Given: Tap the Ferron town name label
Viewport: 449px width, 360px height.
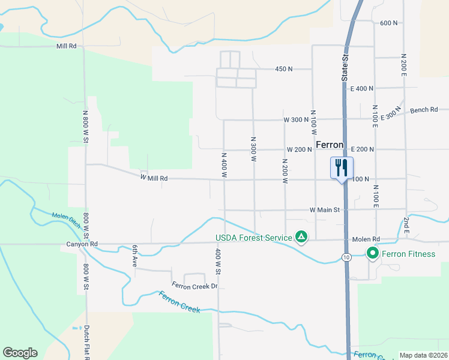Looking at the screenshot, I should [x=329, y=145].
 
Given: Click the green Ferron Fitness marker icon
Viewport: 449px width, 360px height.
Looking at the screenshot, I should [x=373, y=254].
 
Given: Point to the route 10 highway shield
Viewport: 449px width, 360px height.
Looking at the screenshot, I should [x=346, y=257].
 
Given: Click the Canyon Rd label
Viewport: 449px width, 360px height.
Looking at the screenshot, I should [x=82, y=244].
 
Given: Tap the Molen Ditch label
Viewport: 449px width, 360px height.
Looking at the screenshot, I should [x=67, y=220].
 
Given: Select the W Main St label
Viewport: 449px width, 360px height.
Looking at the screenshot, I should [x=325, y=210].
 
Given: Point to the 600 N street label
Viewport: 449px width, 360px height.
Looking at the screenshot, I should [x=389, y=23].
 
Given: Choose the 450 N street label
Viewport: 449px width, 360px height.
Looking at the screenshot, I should [x=283, y=69].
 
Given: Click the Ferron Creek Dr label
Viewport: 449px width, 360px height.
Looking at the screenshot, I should [x=194, y=286].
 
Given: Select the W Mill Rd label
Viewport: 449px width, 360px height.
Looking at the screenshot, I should [x=154, y=178].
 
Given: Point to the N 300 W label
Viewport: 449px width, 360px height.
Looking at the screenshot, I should [x=253, y=149].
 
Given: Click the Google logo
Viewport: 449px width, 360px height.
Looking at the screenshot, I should [x=20, y=353].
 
